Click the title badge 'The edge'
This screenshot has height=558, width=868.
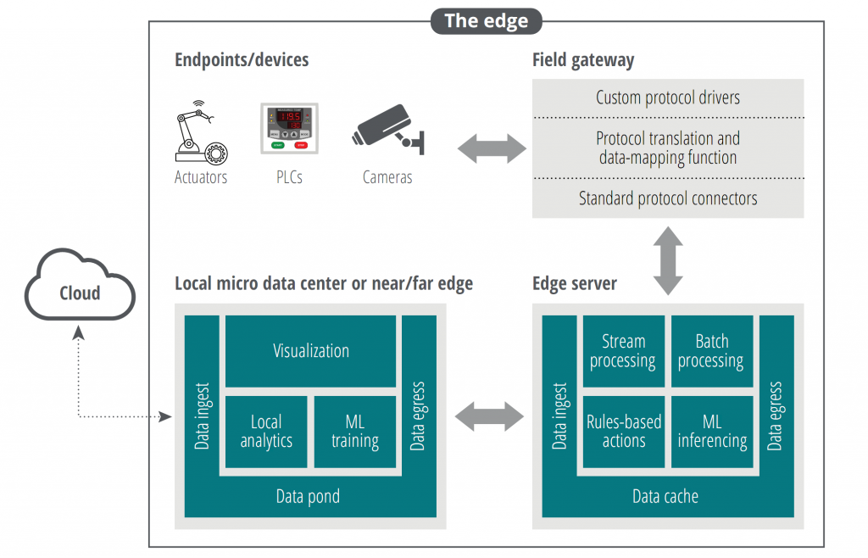coord(486,21)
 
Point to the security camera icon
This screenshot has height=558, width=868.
coord(387,131)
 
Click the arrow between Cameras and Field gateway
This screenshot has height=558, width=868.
coord(492,149)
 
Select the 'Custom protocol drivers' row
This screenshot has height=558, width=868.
coord(667,98)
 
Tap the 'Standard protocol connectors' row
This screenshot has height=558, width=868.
coord(667,198)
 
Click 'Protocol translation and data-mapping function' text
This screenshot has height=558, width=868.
coord(667,148)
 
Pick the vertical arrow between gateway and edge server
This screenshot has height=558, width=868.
coord(668,260)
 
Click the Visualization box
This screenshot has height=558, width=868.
coord(310,351)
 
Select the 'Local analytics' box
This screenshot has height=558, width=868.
coord(265,431)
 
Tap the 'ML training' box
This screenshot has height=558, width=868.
coord(354,431)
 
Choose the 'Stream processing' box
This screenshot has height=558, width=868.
coord(623,351)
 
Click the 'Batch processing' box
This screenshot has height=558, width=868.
coord(711,351)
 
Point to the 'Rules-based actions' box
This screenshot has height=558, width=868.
coord(623,431)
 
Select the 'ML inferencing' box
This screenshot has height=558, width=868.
coord(711,431)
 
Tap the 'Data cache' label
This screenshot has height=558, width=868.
coord(665,497)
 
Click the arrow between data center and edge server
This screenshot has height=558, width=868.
coord(490,416)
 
